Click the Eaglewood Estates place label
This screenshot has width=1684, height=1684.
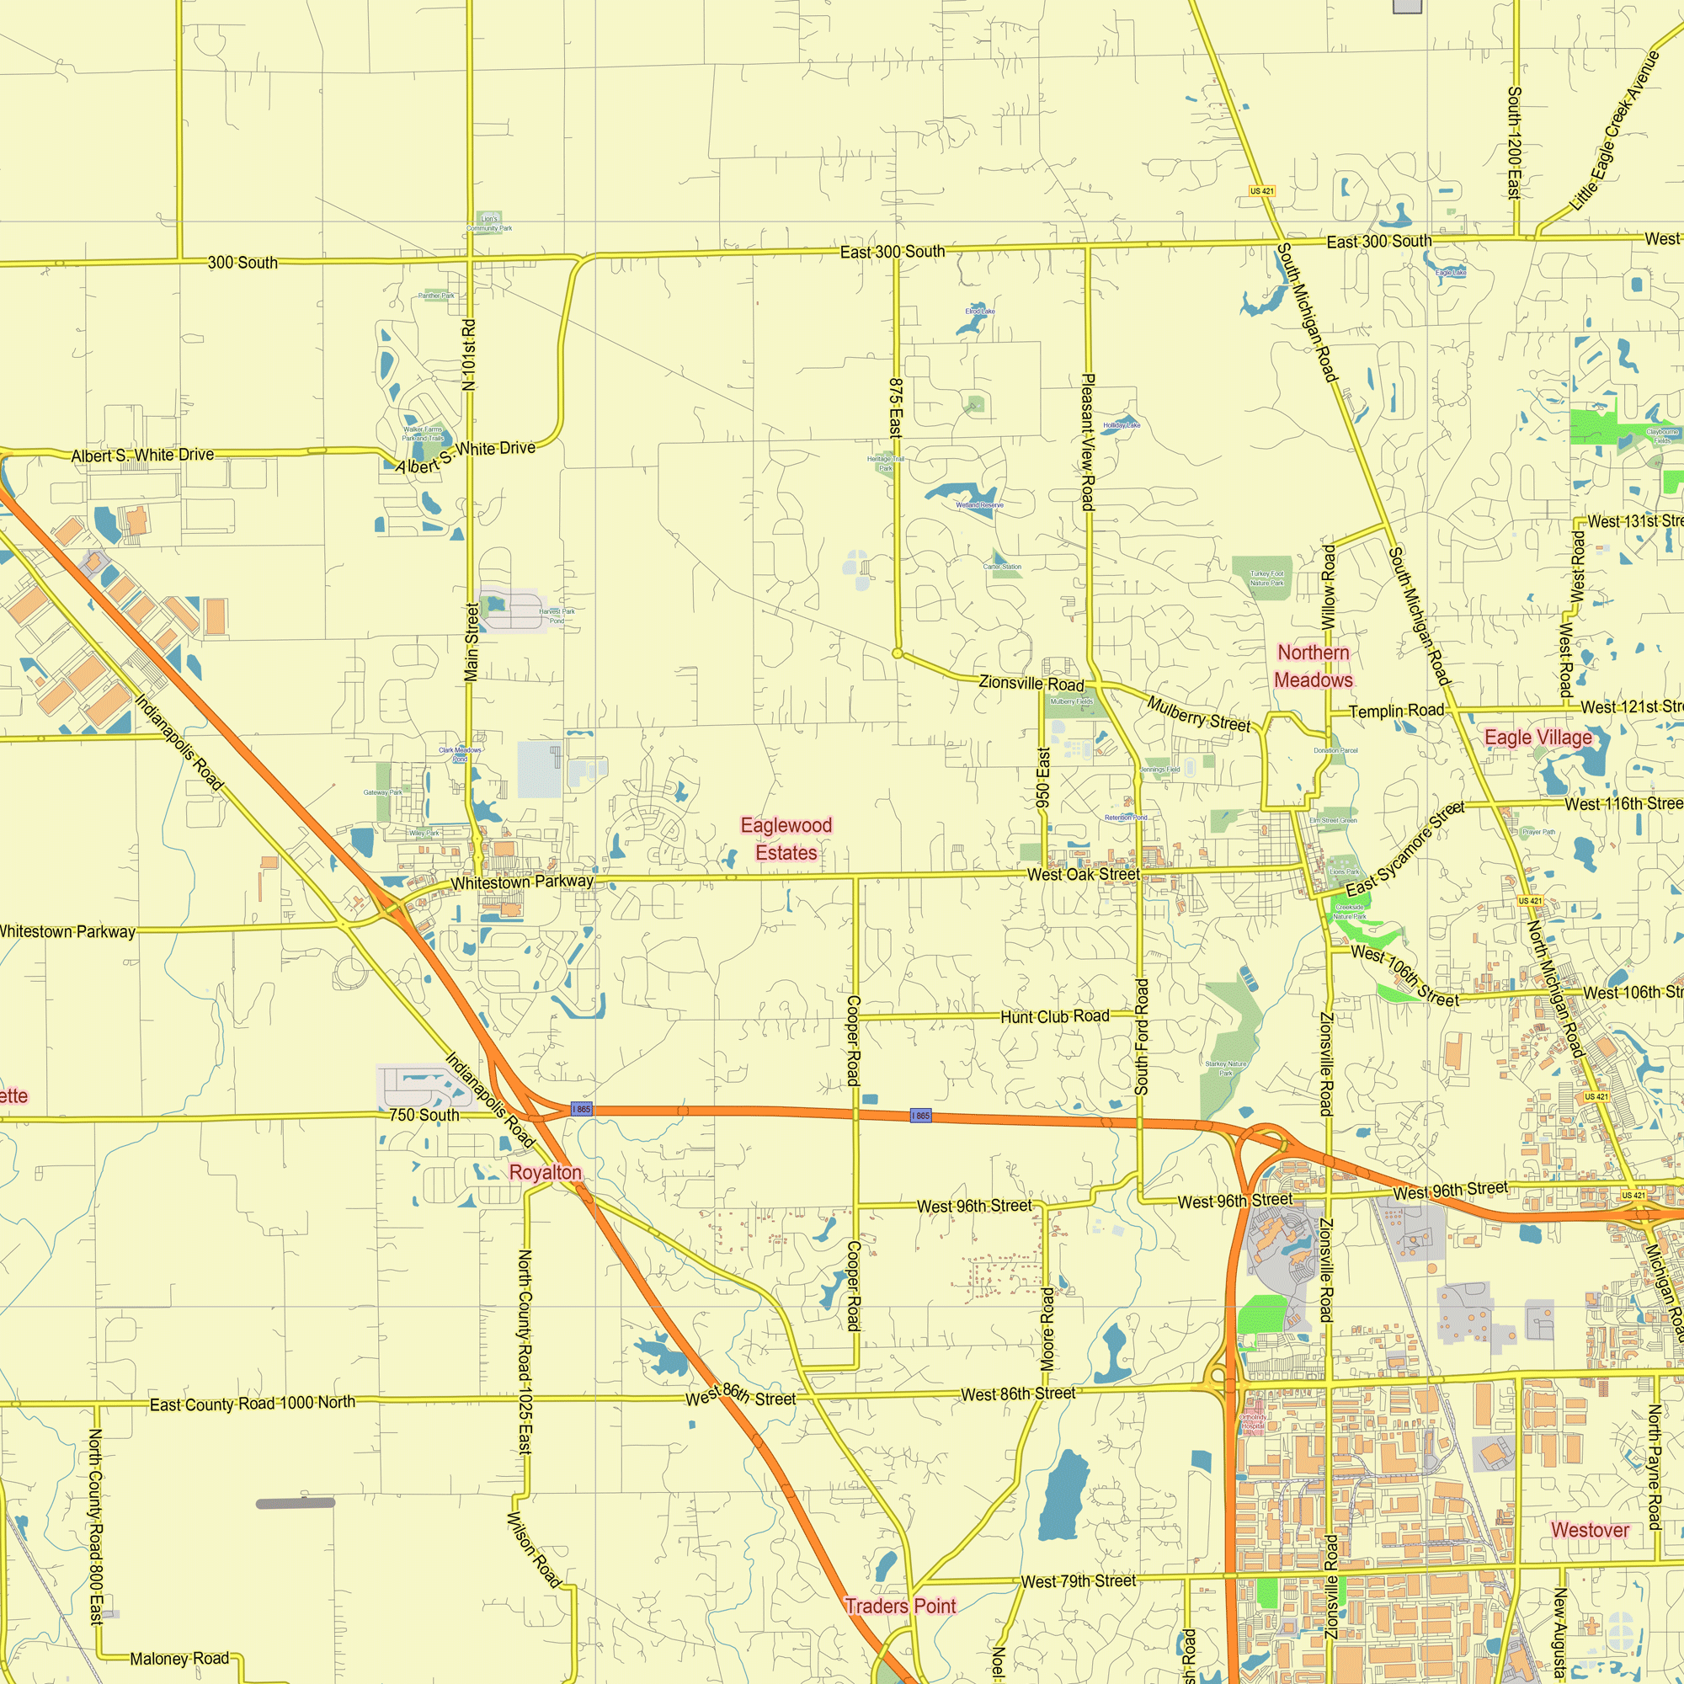[x=786, y=839]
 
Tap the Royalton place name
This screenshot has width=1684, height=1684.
[x=545, y=1172]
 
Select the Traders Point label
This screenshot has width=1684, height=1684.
[x=900, y=1606]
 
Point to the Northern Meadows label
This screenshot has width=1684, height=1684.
[x=1314, y=666]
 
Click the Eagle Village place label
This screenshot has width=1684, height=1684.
[x=1538, y=738]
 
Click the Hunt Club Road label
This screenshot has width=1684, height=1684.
[x=1055, y=1016]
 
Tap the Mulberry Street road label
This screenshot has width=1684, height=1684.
[x=1198, y=713]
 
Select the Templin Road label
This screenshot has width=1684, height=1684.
[x=1396, y=711]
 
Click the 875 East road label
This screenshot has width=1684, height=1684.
[x=895, y=408]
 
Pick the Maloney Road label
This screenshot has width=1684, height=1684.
[x=179, y=1659]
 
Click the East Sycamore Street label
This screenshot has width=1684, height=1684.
[x=1405, y=850]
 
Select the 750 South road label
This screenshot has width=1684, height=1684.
[x=424, y=1115]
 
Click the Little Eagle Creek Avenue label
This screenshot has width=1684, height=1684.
[x=1615, y=131]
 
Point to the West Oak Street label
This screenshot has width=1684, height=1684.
[x=1083, y=874]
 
